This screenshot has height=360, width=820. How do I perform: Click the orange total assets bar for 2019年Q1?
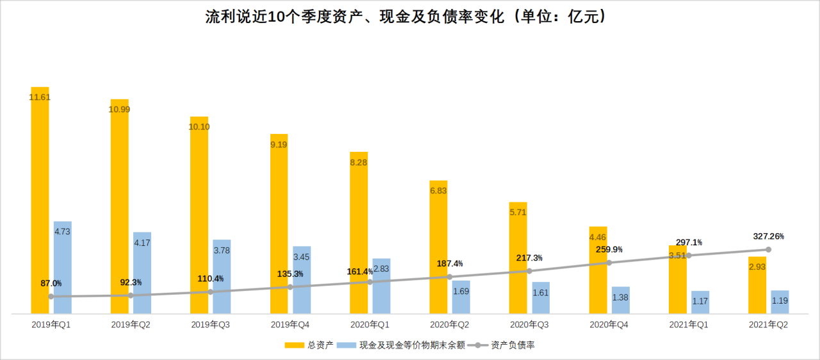coord(40,192)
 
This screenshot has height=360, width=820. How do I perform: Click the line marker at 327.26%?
coord(768,250)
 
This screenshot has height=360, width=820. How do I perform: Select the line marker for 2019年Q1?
coord(51,296)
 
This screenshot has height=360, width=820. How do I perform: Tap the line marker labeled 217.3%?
coord(529,271)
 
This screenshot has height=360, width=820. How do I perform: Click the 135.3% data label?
coord(290,274)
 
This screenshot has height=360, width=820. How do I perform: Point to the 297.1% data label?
coord(689,243)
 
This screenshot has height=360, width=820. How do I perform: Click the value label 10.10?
coord(199,127)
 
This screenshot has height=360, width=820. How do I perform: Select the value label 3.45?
coord(302,257)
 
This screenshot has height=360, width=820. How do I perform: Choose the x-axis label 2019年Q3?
coord(210,325)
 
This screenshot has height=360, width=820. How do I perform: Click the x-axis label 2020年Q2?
coord(449,325)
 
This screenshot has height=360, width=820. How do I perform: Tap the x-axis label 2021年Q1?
coord(689,325)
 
